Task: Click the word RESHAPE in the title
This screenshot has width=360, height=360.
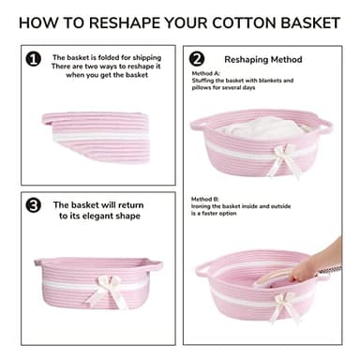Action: click(124, 22)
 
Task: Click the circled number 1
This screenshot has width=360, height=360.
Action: click(34, 59)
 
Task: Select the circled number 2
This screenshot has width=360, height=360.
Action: click(197, 59)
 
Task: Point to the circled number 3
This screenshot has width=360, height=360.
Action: click(33, 205)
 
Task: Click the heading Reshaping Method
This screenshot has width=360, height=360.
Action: click(263, 59)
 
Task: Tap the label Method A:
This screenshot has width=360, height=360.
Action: click(206, 73)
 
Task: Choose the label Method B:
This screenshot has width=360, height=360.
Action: click(205, 199)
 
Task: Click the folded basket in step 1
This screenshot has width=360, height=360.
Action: click(97, 137)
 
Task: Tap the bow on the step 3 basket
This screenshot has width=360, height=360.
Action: click(106, 291)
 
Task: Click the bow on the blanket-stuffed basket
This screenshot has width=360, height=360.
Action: click(284, 160)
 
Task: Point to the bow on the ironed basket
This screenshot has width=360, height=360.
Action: click(284, 307)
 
